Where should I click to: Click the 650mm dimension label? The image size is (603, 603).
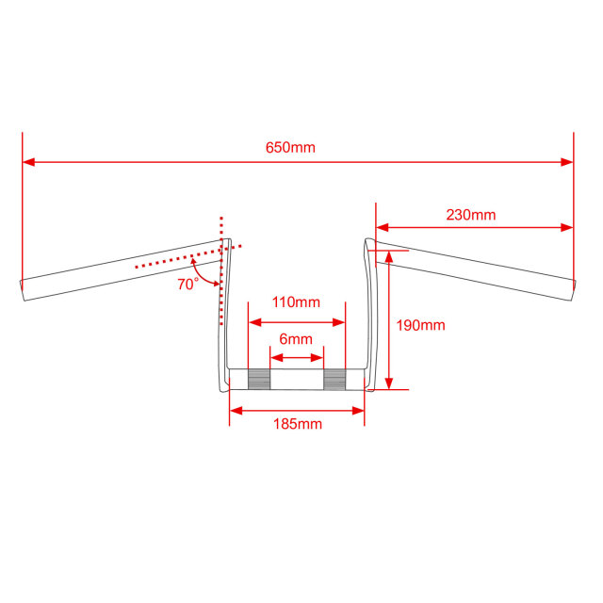(x=290, y=148)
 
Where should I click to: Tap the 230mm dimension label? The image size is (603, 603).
(x=471, y=215)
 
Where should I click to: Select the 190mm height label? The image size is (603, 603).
(x=421, y=326)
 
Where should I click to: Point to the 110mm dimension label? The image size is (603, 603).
(x=296, y=302)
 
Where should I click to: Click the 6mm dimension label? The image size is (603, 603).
(x=295, y=339)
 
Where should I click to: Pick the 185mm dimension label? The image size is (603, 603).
(x=298, y=424)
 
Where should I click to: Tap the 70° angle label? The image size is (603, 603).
(x=187, y=285)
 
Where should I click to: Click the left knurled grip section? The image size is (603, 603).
(x=259, y=379)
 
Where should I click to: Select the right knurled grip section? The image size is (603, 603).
(x=334, y=379)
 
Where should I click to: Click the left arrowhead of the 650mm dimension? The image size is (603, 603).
(x=28, y=162)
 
